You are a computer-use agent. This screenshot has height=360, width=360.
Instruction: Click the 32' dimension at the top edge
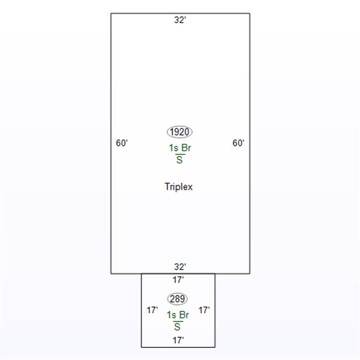pos(180,20)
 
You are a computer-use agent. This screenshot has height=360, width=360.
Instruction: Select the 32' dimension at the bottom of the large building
pos(180,266)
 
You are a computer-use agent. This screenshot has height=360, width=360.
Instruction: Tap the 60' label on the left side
pos(122,143)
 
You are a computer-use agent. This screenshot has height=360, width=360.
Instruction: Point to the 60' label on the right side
pos(238,143)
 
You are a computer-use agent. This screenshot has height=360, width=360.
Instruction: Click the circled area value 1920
pos(180,132)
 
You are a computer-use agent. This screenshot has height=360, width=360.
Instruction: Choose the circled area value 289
pos(178,298)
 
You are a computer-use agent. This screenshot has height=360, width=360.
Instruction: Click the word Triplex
pos(179,187)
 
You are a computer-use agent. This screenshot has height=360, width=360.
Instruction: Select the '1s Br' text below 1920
pos(180,148)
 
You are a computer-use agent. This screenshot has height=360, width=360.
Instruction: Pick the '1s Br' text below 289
pos(178,314)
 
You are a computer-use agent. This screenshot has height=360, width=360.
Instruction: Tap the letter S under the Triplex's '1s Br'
pos(179,160)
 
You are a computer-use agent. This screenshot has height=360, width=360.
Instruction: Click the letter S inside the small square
pos(178,326)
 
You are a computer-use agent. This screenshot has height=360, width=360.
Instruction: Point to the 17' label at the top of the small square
pos(178,280)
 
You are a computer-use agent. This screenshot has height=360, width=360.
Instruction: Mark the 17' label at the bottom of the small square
pos(178,340)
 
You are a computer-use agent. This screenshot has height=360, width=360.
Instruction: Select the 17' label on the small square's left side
pos(152,310)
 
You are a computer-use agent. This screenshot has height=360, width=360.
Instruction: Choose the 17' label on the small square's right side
pos(204,310)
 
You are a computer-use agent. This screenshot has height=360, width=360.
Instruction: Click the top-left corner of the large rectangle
pos(111,13)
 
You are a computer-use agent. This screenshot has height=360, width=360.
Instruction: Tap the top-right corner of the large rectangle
pos(250,13)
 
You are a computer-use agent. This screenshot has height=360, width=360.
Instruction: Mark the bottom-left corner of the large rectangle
pos(111,273)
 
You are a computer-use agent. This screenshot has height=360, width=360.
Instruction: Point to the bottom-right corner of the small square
pos(214,347)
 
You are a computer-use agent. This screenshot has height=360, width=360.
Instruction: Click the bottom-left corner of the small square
pos(142,347)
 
